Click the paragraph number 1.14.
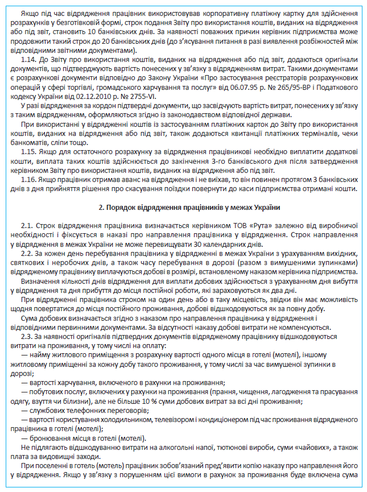click(x=27, y=60)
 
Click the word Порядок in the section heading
click(x=121, y=207)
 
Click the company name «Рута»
click(x=257, y=225)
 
